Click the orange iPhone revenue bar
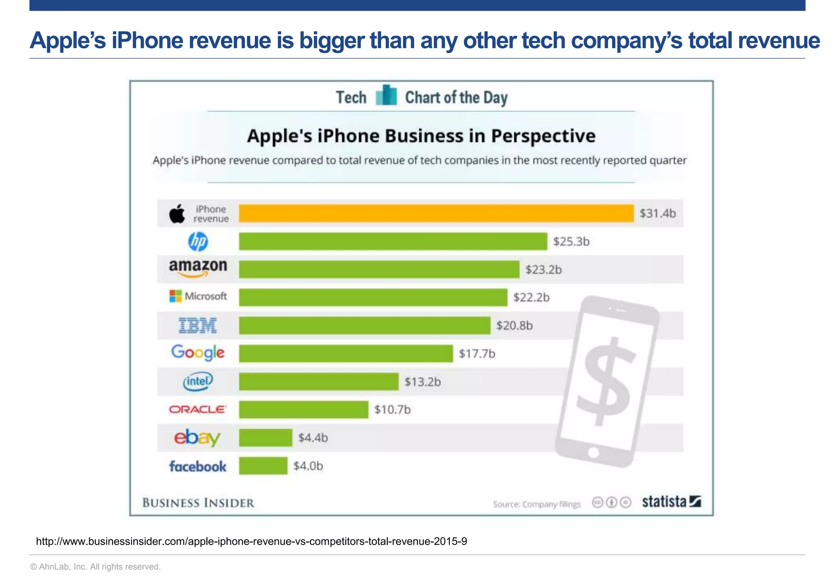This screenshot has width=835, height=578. (436, 213)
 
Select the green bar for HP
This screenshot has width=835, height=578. (393, 241)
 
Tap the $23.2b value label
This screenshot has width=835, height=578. (543, 270)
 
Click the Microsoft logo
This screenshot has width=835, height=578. (198, 296)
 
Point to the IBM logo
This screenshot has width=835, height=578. (198, 325)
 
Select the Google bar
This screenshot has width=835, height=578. (346, 353)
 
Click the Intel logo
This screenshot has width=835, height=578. (198, 382)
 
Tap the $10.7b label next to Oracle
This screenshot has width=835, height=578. (392, 409)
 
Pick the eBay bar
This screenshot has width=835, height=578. (265, 438)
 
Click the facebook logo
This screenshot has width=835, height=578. (198, 466)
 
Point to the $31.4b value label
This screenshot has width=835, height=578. (657, 213)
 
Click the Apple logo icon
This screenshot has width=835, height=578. (177, 214)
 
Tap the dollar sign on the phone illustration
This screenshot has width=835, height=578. (606, 381)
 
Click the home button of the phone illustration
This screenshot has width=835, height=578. (594, 452)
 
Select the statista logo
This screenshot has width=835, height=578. (671, 502)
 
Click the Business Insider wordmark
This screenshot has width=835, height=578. (198, 503)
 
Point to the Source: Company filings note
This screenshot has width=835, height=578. (537, 504)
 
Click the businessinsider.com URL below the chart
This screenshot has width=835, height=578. (251, 541)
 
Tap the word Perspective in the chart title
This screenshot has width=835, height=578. (543, 136)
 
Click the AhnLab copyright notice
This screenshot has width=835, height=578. (95, 567)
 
